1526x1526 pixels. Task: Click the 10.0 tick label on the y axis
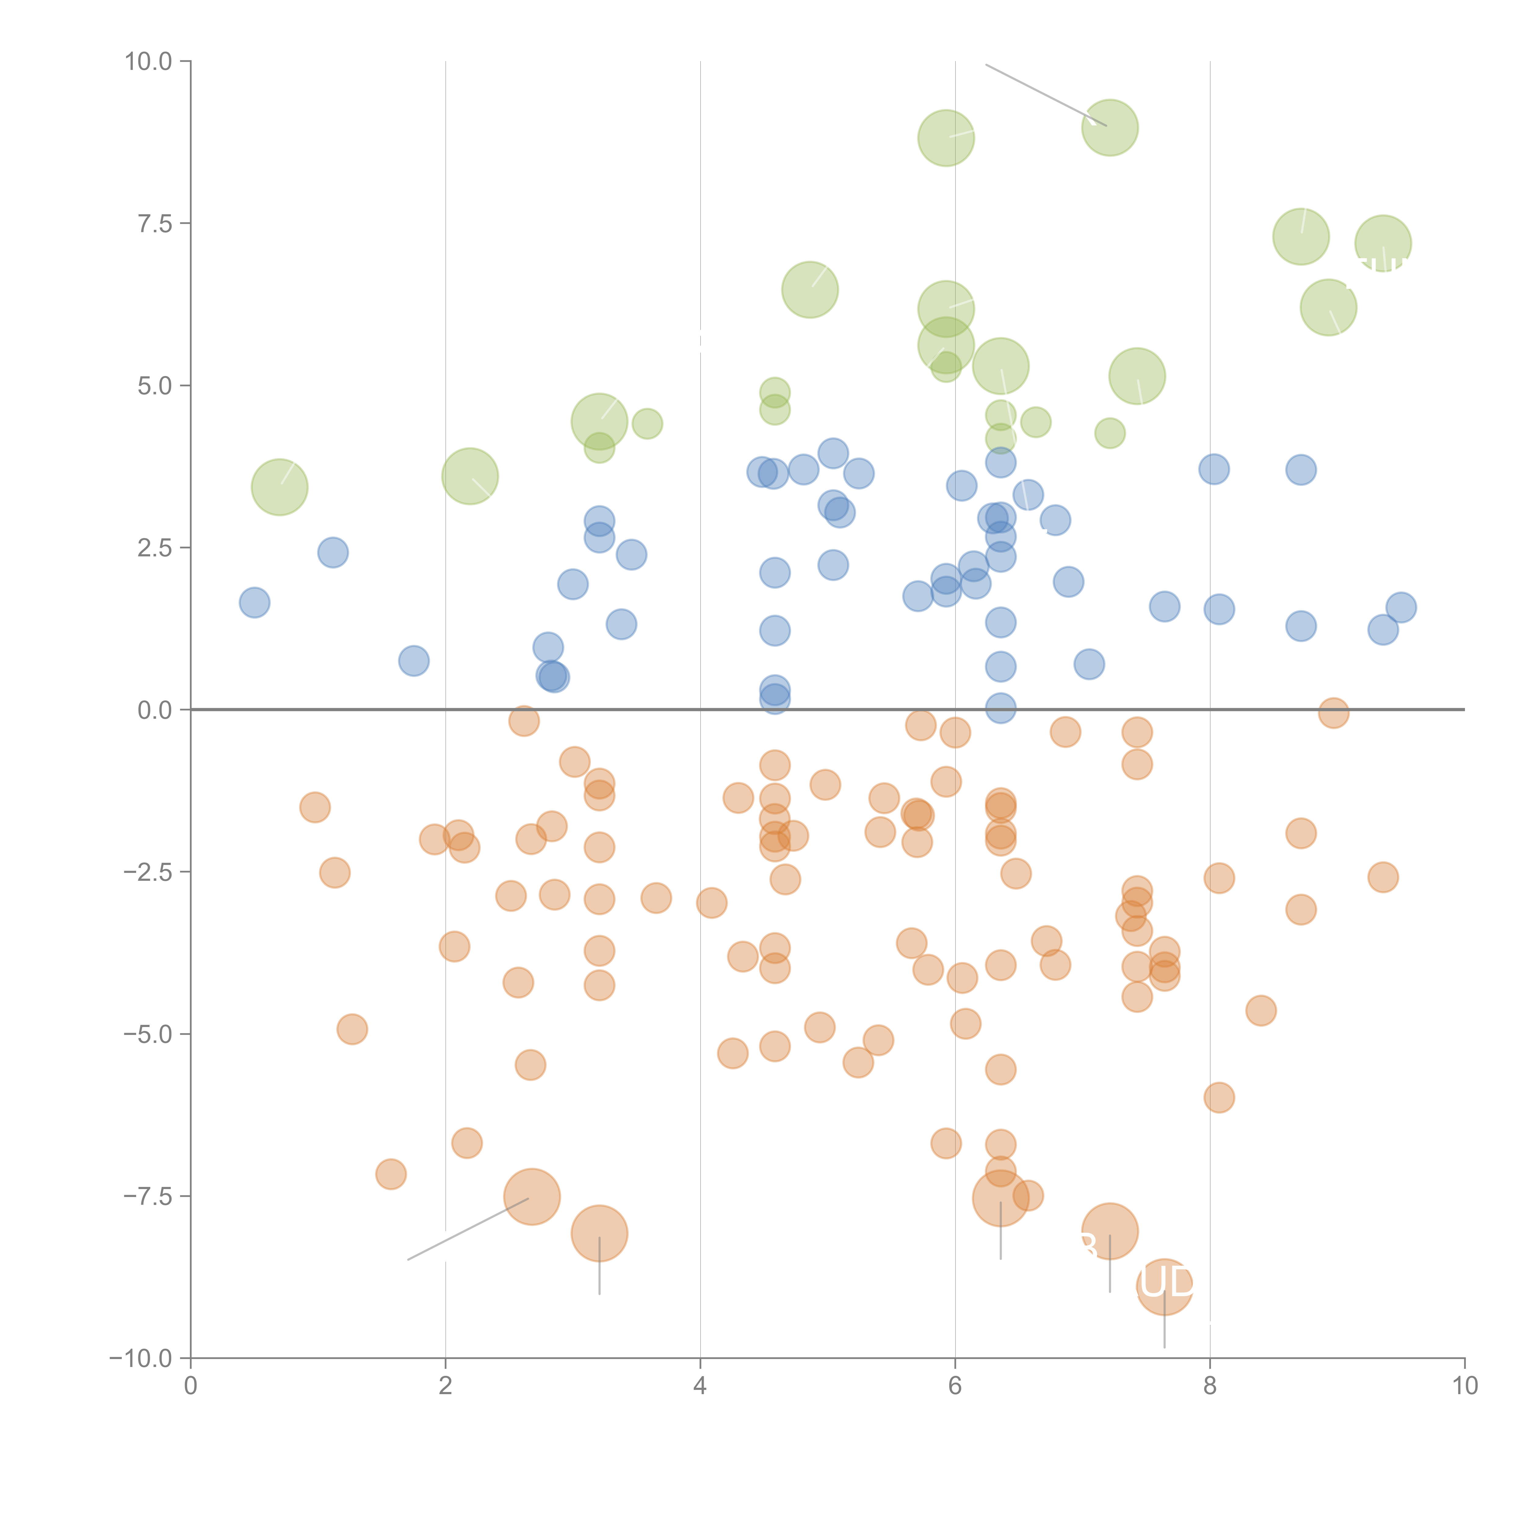(149, 62)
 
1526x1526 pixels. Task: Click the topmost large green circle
(1110, 128)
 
